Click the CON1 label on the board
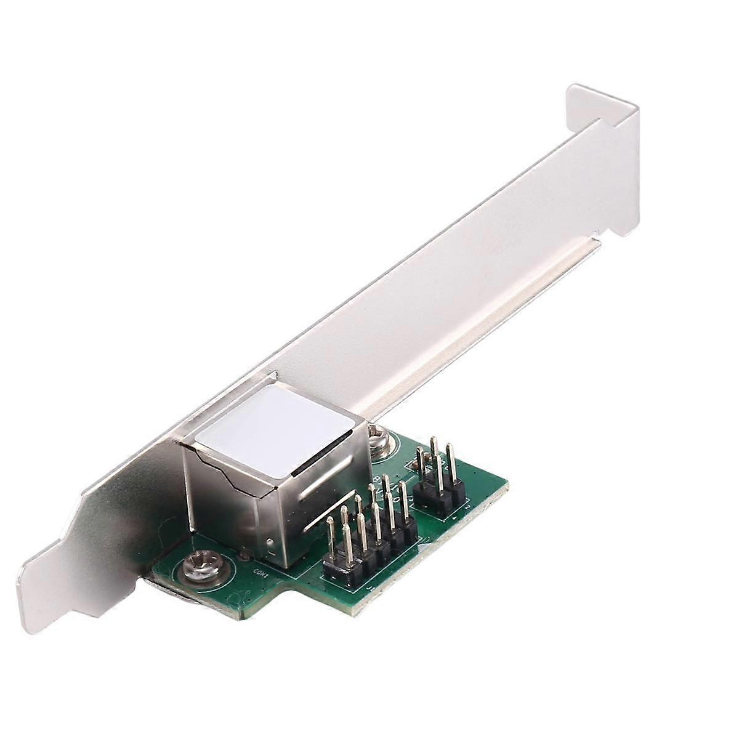coord(259,570)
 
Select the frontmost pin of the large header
coord(331,542)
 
